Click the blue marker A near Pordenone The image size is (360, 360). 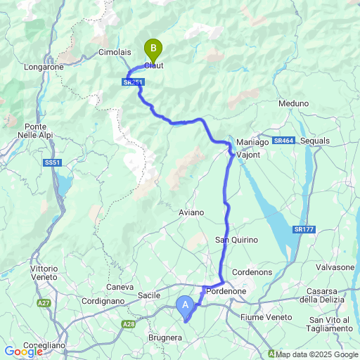point(185,305)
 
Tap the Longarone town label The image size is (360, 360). point(44,67)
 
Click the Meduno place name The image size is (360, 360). point(293,103)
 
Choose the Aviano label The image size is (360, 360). point(191,212)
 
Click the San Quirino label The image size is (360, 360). point(236,240)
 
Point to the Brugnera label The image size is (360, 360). point(165,338)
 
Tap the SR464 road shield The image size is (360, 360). point(283,141)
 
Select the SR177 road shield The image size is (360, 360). point(304,229)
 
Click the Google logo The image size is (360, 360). point(22,351)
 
